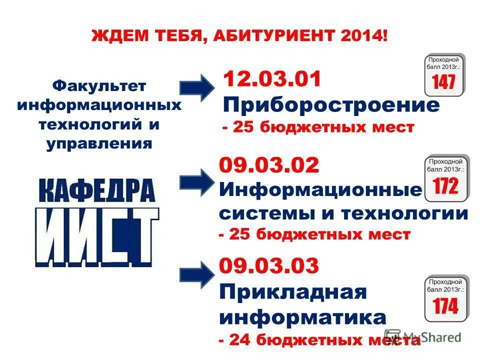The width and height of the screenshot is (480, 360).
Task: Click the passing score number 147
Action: click(x=444, y=81)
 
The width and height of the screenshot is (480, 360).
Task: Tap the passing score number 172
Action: click(x=445, y=186)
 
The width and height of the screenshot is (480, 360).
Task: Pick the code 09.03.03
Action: click(x=269, y=266)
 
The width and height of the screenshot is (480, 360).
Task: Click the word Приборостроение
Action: click(x=331, y=105)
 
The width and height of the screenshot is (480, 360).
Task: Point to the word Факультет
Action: click(x=99, y=86)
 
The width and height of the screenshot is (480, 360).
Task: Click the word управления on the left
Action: click(x=99, y=144)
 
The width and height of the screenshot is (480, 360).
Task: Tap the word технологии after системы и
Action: click(x=404, y=214)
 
